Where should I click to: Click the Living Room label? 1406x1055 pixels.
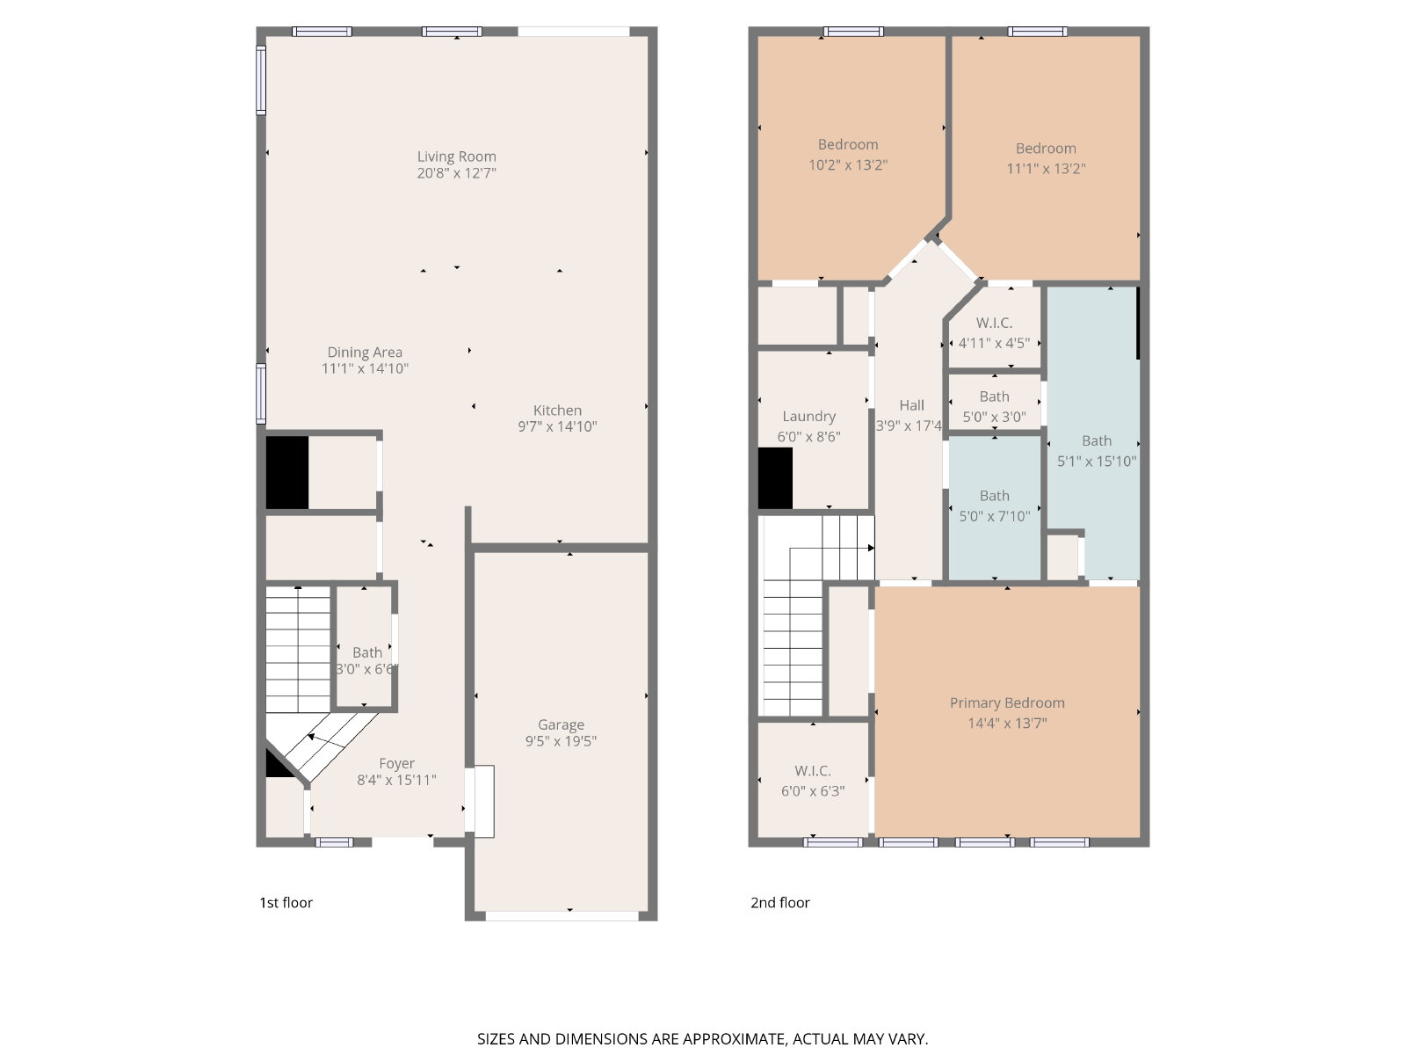456,156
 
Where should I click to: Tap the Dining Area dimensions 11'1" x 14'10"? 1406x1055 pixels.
365,368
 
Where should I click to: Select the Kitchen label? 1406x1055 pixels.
557,410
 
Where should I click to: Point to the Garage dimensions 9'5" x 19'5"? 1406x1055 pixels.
561,741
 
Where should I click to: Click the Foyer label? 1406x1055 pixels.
396,763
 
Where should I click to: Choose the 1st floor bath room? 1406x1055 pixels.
365,647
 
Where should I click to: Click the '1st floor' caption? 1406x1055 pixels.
286,903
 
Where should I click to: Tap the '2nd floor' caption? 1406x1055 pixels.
780,903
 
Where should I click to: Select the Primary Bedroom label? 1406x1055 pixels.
1007,702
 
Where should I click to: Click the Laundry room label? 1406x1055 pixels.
809,417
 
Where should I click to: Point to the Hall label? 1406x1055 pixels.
911,405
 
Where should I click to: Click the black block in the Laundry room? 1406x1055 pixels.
775,478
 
